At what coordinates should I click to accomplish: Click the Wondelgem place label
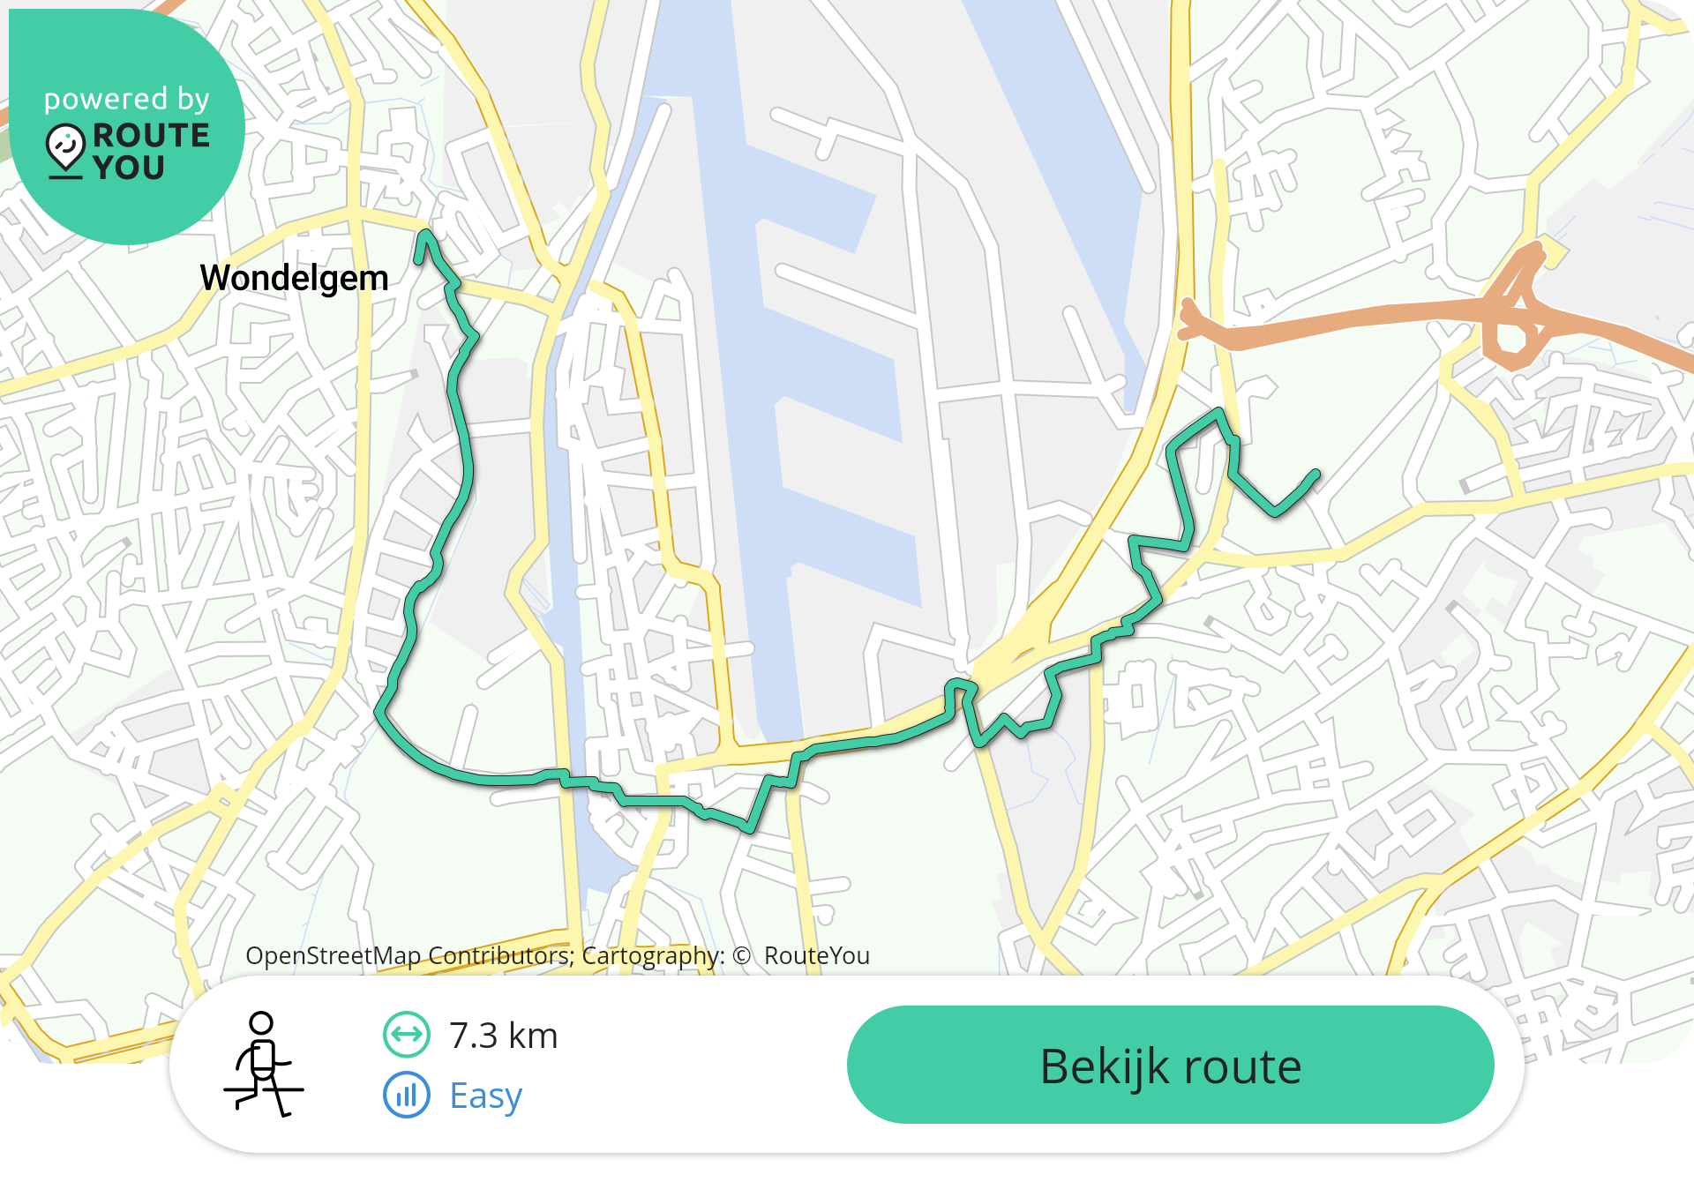pyautogui.click(x=294, y=278)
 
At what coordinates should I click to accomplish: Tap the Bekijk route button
pyautogui.click(x=1170, y=1065)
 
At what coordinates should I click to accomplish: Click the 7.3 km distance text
pyautogui.click(x=503, y=1036)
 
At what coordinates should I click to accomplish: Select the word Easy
pyautogui.click(x=485, y=1096)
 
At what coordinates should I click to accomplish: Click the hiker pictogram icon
pyautogui.click(x=263, y=1064)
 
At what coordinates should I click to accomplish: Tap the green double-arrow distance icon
pyautogui.click(x=407, y=1035)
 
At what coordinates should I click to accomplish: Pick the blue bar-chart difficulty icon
pyautogui.click(x=407, y=1096)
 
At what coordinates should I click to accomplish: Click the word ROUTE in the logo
pyautogui.click(x=151, y=135)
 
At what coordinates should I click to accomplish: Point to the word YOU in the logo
pyautogui.click(x=129, y=168)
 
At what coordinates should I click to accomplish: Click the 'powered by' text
pyautogui.click(x=127, y=99)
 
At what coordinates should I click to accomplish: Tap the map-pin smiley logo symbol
pyautogui.click(x=65, y=148)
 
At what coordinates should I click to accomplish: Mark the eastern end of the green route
pyautogui.click(x=1315, y=475)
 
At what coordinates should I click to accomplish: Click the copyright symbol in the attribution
pyautogui.click(x=741, y=956)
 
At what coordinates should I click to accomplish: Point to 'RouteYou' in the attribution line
pyautogui.click(x=817, y=955)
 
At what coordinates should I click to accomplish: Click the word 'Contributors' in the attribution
pyautogui.click(x=499, y=955)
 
